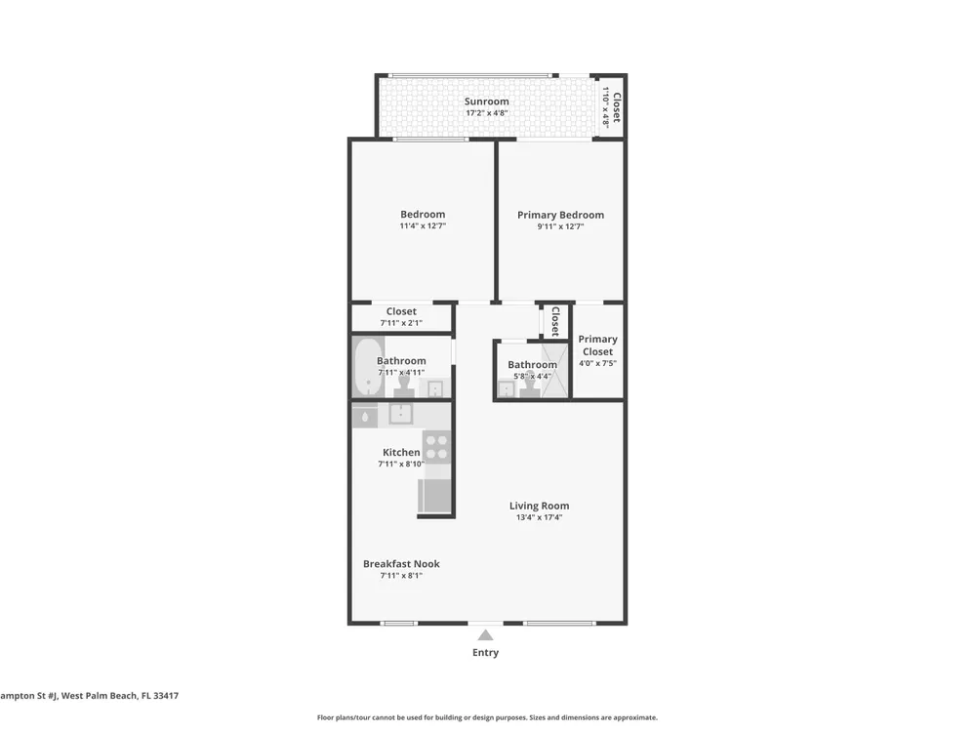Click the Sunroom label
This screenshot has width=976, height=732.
[486, 102]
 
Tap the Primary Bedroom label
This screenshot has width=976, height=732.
[560, 215]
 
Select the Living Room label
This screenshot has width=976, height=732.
[539, 506]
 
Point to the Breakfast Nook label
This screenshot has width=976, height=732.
[401, 564]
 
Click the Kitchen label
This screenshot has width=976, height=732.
[401, 453]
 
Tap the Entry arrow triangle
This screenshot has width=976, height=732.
[485, 635]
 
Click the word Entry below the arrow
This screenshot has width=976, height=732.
[485, 652]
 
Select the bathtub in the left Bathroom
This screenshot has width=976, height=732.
[369, 367]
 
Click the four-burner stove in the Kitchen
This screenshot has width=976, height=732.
[436, 446]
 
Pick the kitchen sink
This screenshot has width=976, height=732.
[401, 413]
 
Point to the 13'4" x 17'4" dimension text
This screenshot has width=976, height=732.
[539, 517]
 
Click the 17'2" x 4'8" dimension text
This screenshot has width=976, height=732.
[487, 113]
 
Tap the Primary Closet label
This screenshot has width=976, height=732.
[597, 346]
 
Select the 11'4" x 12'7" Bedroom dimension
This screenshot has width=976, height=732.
[423, 226]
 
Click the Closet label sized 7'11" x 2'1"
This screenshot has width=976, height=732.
[401, 311]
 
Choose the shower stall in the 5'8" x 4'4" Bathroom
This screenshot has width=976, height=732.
[554, 370]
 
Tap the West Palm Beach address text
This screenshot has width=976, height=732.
[89, 696]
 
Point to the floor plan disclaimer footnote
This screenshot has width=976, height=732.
[487, 717]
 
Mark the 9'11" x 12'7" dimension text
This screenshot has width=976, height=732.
[560, 226]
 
